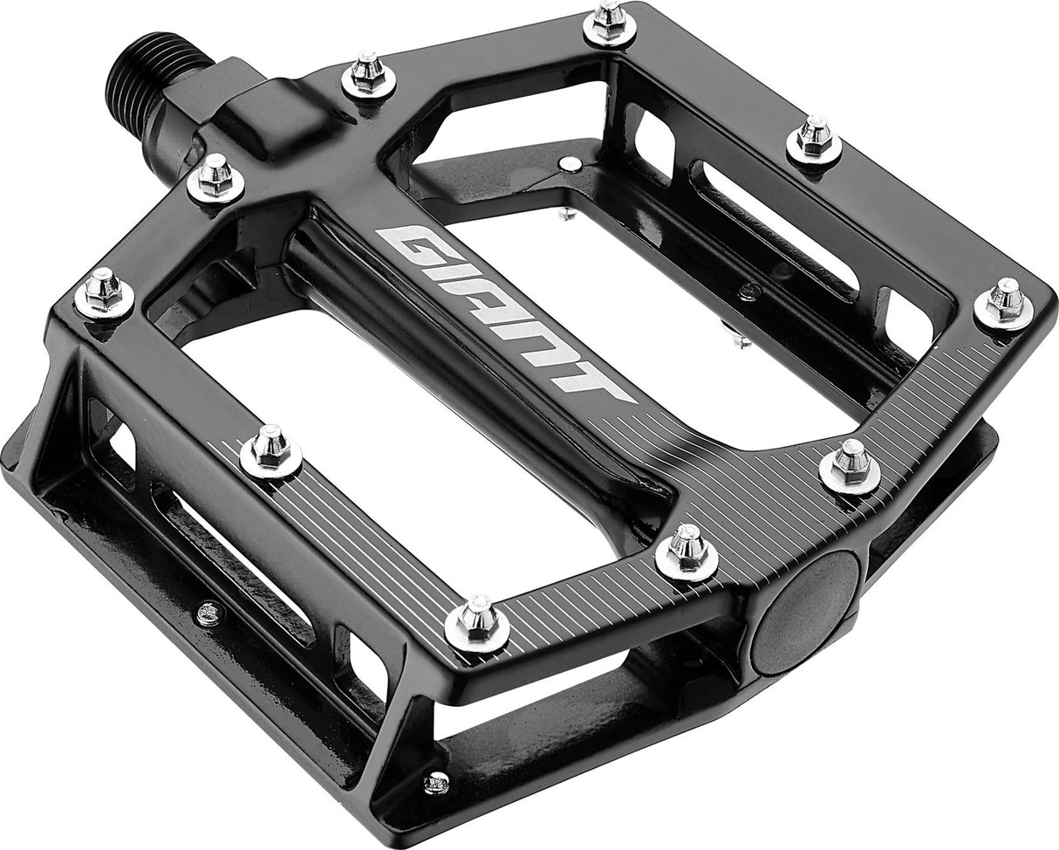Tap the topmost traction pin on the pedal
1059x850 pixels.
[x=608, y=21]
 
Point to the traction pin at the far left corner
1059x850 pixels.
[x=104, y=291]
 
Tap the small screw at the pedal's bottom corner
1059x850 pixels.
[x=436, y=781]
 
